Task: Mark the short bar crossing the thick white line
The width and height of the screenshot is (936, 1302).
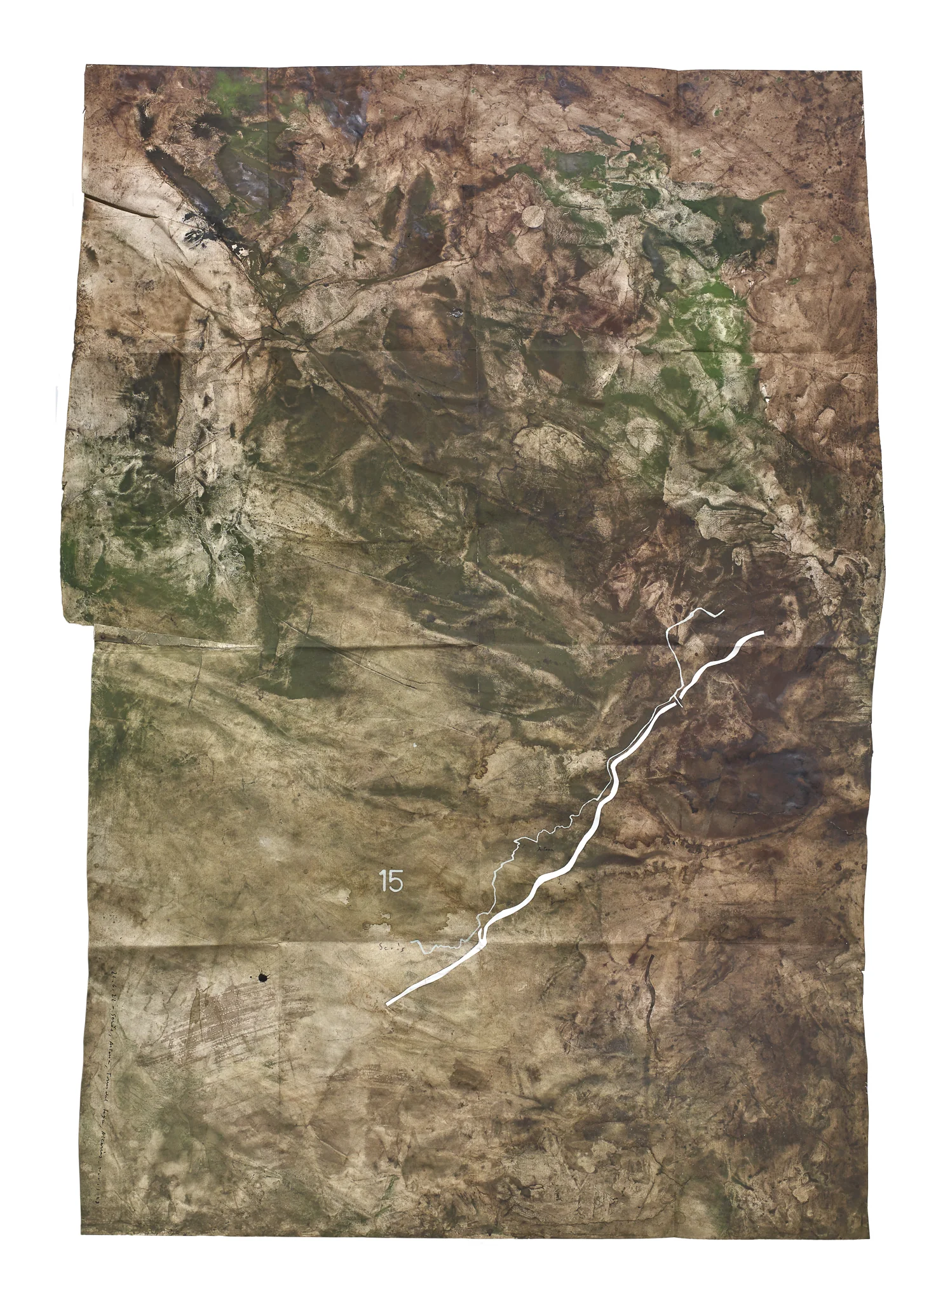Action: click(679, 702)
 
